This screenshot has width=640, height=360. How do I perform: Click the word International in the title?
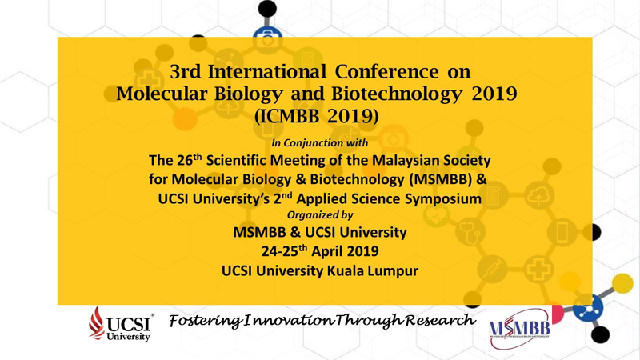point(267,72)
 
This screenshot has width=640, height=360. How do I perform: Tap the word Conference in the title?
point(387,72)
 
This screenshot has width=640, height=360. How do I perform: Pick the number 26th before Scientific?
point(190,159)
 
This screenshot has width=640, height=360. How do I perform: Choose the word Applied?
point(322,199)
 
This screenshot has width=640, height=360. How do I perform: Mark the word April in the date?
point(328,251)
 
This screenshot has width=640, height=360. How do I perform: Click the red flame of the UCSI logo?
point(96,323)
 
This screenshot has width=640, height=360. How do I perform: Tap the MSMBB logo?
point(519,329)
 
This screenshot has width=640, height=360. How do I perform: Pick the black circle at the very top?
point(267,9)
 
